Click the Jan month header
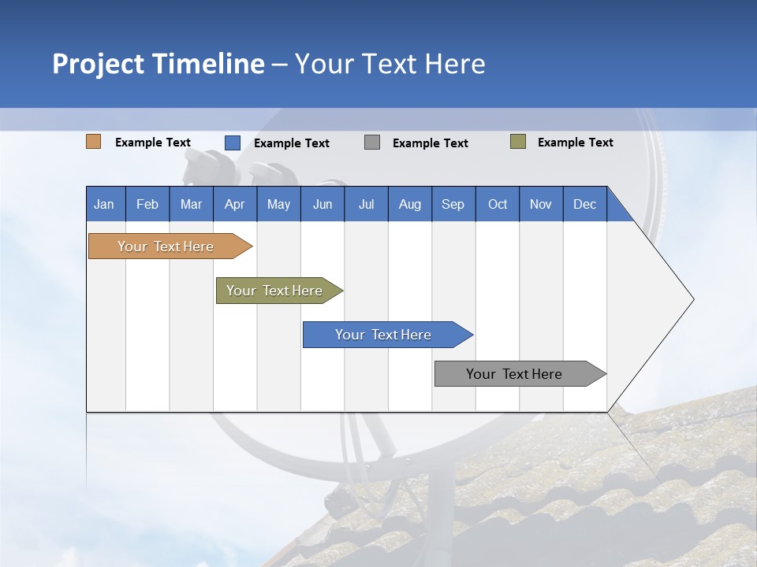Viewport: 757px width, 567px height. point(104,204)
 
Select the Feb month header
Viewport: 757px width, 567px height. point(147,204)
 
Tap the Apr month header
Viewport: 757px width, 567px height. point(234,204)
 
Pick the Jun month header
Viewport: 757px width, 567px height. point(323,204)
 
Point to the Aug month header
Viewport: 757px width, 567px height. point(409,204)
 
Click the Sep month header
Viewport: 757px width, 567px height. point(453,204)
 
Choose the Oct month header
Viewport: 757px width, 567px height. point(498,204)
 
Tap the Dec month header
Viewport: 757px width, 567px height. point(584,204)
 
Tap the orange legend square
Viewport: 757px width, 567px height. point(94,142)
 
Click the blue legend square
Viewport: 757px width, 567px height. point(233,143)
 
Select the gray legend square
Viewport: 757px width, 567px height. point(372,143)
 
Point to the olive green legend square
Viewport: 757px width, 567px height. point(518,142)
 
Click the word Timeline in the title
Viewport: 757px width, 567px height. point(207,64)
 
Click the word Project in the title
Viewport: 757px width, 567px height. point(98,64)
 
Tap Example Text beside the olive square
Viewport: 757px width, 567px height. point(575,143)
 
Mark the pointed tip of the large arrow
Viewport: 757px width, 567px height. point(692,299)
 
